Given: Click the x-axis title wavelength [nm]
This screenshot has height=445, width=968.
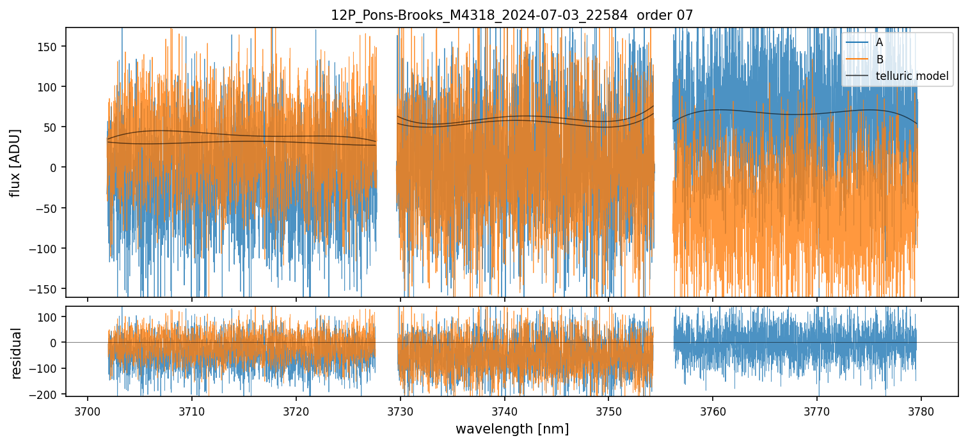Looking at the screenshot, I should point(511,428).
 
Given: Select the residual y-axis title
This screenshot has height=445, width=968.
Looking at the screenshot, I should point(17,353).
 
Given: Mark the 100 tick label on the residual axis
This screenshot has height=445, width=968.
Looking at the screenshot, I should point(49,316).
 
